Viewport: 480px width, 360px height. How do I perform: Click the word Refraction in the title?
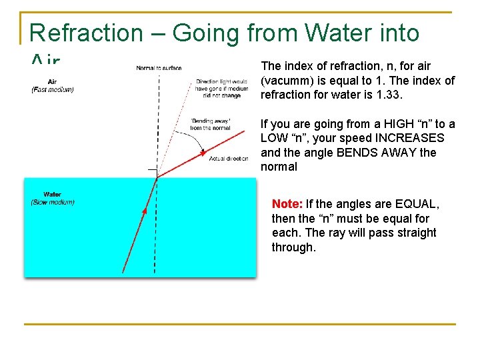pos(87,33)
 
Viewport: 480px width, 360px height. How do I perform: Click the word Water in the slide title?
pos(336,33)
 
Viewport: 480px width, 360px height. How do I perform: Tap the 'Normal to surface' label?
pos(159,68)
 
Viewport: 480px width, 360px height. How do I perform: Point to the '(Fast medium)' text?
pos(53,90)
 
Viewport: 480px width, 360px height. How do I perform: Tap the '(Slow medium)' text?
pos(53,202)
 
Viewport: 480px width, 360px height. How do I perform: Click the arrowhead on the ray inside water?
pos(143,213)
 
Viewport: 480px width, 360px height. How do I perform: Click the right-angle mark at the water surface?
pos(153,173)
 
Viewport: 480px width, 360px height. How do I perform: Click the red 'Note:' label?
pos(287,204)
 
